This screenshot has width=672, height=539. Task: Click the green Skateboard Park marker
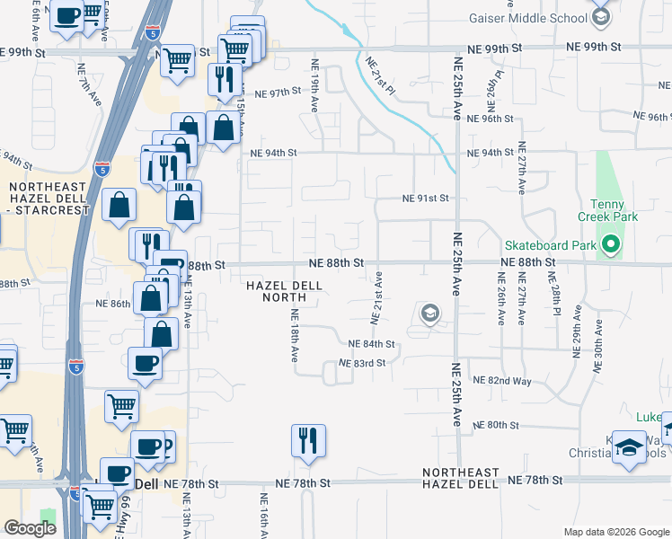point(611,244)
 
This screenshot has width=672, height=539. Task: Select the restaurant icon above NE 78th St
point(308,440)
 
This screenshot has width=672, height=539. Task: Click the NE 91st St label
point(424,198)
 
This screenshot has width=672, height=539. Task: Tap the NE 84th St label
point(372,344)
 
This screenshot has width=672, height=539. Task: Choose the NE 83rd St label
point(362,363)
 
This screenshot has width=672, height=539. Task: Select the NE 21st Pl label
point(381,75)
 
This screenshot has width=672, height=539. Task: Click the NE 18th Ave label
point(294,335)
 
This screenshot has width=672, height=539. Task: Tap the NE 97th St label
point(277,93)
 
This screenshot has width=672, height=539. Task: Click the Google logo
point(30,528)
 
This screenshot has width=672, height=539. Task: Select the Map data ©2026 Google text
point(616,532)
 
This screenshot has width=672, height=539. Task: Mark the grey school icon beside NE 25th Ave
point(429,314)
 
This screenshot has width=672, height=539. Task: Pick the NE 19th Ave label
point(314,85)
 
